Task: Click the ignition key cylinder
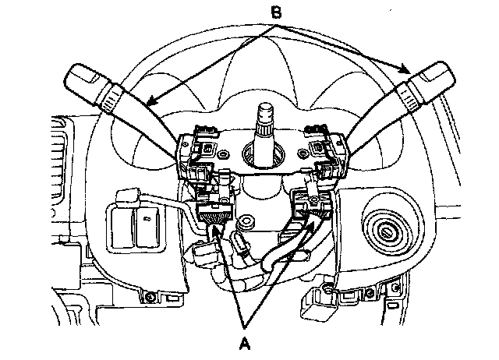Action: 387,231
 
